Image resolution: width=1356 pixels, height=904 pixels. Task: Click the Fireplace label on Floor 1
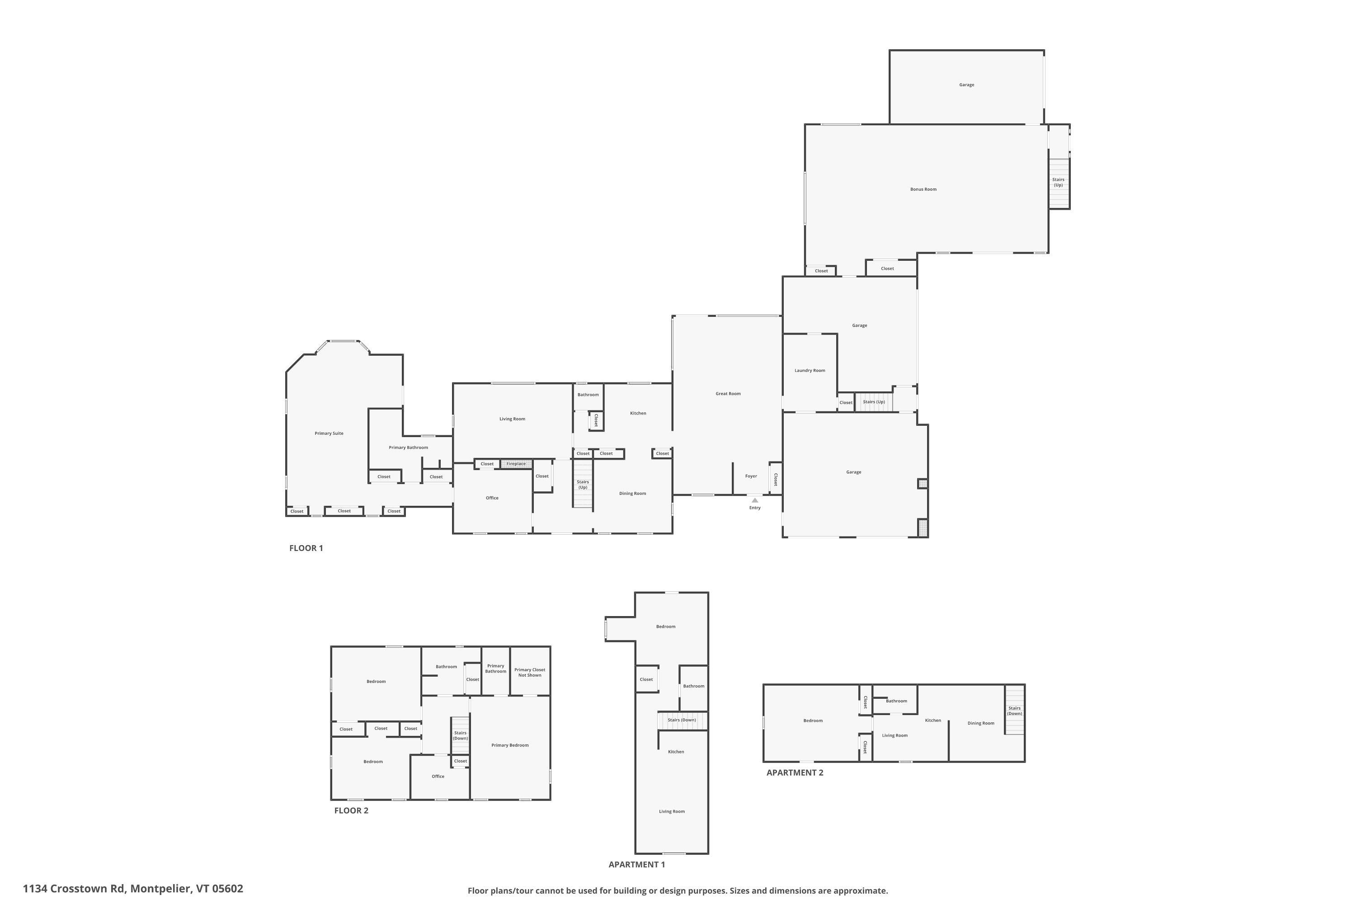516,464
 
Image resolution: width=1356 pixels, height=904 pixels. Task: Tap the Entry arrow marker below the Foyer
755,500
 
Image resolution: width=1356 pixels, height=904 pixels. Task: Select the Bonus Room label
923,189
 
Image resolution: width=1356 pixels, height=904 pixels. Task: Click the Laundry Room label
810,371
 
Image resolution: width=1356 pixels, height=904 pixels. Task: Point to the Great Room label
728,394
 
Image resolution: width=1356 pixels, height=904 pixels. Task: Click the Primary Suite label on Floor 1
329,433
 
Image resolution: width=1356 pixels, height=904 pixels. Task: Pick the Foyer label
751,476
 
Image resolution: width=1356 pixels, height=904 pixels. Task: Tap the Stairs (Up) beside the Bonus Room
1058,182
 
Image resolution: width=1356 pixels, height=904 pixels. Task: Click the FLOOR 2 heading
351,810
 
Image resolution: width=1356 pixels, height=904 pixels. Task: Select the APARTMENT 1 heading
636,864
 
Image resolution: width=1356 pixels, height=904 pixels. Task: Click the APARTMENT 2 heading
795,772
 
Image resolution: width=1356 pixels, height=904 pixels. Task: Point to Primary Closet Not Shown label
529,672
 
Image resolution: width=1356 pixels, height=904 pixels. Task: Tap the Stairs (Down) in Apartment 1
682,720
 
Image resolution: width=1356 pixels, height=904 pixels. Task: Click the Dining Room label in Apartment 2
981,723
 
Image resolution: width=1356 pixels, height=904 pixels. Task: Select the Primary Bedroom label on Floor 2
510,745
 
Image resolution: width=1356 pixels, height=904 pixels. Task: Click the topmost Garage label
966,85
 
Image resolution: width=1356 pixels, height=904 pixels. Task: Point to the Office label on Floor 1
492,498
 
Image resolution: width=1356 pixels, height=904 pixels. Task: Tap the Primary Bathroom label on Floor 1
408,447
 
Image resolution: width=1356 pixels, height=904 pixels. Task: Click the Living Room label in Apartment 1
672,812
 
